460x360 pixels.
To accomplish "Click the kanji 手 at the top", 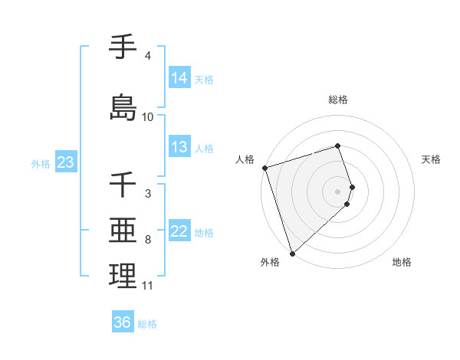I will coord(123,47).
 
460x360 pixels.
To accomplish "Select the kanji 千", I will coord(123,185).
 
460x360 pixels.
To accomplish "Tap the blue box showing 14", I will coord(179,77).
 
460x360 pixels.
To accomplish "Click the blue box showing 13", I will coord(179,147).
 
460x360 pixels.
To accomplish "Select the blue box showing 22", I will coord(179,232).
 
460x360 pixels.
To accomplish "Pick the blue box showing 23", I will coord(65,162).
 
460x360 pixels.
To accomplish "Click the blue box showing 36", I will coord(123,322).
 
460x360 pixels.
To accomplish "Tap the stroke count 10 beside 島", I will coord(148,117).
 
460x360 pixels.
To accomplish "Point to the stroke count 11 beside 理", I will coord(148,286).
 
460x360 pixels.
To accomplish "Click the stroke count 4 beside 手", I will coord(147,56).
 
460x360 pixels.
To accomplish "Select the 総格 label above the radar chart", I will coord(338,100).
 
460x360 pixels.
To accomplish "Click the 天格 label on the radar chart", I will coord(431,159).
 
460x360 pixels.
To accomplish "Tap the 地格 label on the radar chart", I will coord(402,262).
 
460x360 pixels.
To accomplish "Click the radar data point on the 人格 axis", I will coord(264,168).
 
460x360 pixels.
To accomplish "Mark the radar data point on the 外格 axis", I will coord(292,253).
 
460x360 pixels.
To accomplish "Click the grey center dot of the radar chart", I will coord(338,191).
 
